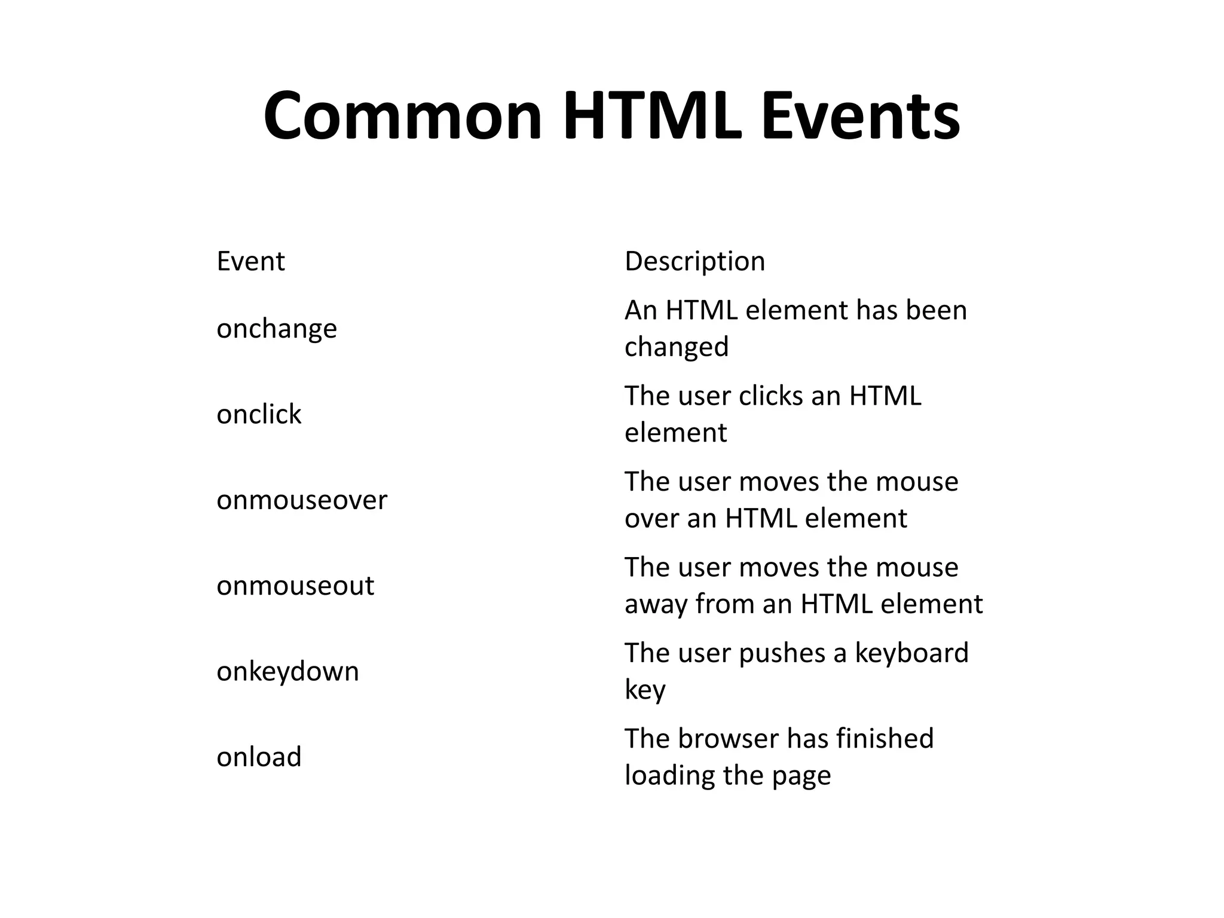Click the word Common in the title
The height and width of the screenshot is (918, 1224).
coord(402,116)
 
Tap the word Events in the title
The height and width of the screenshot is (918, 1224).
coord(860,116)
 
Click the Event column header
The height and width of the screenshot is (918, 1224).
coord(250,261)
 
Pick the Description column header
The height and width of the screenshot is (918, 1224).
coord(694,261)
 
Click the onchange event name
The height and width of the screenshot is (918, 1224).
coord(277,329)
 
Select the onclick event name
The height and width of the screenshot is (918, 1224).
coord(259,414)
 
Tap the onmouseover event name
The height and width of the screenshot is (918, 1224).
coord(302,500)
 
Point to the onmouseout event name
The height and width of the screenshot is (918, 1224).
coord(295,586)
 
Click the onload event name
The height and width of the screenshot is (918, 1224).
coord(259,757)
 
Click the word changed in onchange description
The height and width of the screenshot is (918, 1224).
coord(677,347)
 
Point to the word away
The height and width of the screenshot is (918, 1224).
coord(656,605)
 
